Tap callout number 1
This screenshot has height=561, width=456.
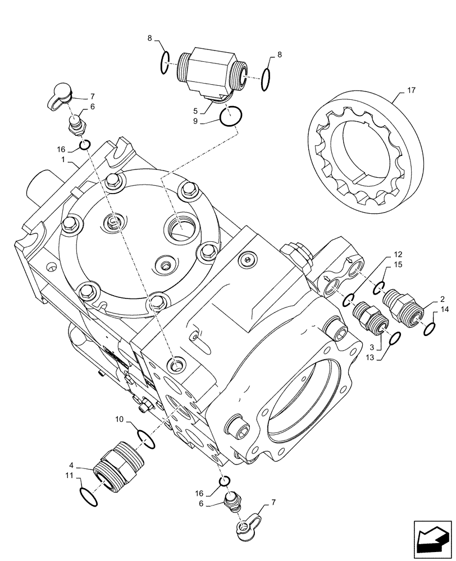pos(66,160)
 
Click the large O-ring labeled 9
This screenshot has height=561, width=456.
pos(231,117)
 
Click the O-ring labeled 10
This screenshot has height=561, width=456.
pos(146,439)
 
